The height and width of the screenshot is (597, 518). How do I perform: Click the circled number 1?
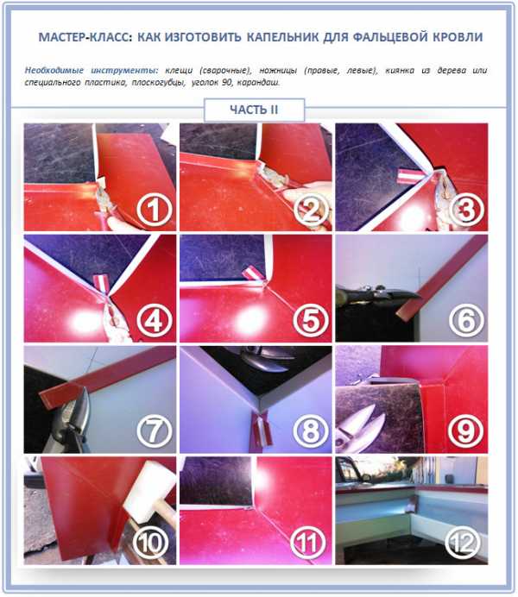coord(155,210)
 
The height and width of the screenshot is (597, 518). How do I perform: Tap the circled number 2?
coord(311,210)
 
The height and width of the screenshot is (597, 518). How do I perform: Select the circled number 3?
coord(466,210)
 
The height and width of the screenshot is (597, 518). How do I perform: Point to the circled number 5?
coord(311,320)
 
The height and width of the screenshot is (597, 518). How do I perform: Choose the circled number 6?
coord(466,320)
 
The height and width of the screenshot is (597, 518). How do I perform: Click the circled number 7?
coord(155,431)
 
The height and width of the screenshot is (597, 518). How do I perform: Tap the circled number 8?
coord(311,431)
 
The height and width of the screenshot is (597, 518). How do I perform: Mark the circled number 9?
coord(466,431)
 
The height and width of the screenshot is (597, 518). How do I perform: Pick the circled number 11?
coord(307,543)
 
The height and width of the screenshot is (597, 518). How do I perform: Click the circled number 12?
coord(464,543)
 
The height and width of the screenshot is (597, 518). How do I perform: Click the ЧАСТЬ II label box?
coord(255,110)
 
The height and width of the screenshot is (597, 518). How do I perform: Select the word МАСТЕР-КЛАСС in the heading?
coord(85,37)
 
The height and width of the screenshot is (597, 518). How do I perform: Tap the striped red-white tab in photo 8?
coord(262,430)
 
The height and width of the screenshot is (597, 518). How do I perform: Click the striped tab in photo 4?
coord(102,281)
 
